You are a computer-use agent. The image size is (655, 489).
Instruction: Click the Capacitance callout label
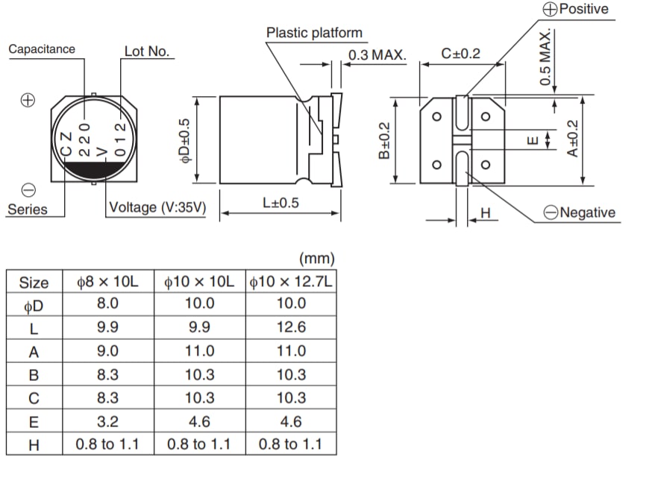point(42,49)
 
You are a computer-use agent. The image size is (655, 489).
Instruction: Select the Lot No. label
point(147,51)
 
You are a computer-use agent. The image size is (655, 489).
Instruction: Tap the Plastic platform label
point(314,33)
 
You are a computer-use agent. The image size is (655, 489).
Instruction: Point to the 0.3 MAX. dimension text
point(377,55)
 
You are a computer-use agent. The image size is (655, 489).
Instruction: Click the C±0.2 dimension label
point(461,54)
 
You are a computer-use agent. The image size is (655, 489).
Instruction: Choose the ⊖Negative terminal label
point(580,212)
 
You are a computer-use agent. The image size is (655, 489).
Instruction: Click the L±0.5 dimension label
point(281,203)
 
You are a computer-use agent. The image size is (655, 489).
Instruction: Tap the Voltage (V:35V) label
point(157,208)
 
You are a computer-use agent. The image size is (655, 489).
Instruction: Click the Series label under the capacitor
point(27,209)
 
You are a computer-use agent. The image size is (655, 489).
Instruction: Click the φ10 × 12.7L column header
point(290,283)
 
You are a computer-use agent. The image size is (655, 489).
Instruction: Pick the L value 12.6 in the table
point(290,327)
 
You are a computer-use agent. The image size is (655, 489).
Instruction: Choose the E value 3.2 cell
point(107,421)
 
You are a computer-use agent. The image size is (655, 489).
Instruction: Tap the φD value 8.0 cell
point(107,303)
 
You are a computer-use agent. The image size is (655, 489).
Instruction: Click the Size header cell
point(34,283)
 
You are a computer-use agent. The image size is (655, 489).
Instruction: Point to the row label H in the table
point(34,444)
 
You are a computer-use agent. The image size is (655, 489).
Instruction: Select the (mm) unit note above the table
point(316,259)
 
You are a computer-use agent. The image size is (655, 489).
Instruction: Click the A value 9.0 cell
point(107,351)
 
